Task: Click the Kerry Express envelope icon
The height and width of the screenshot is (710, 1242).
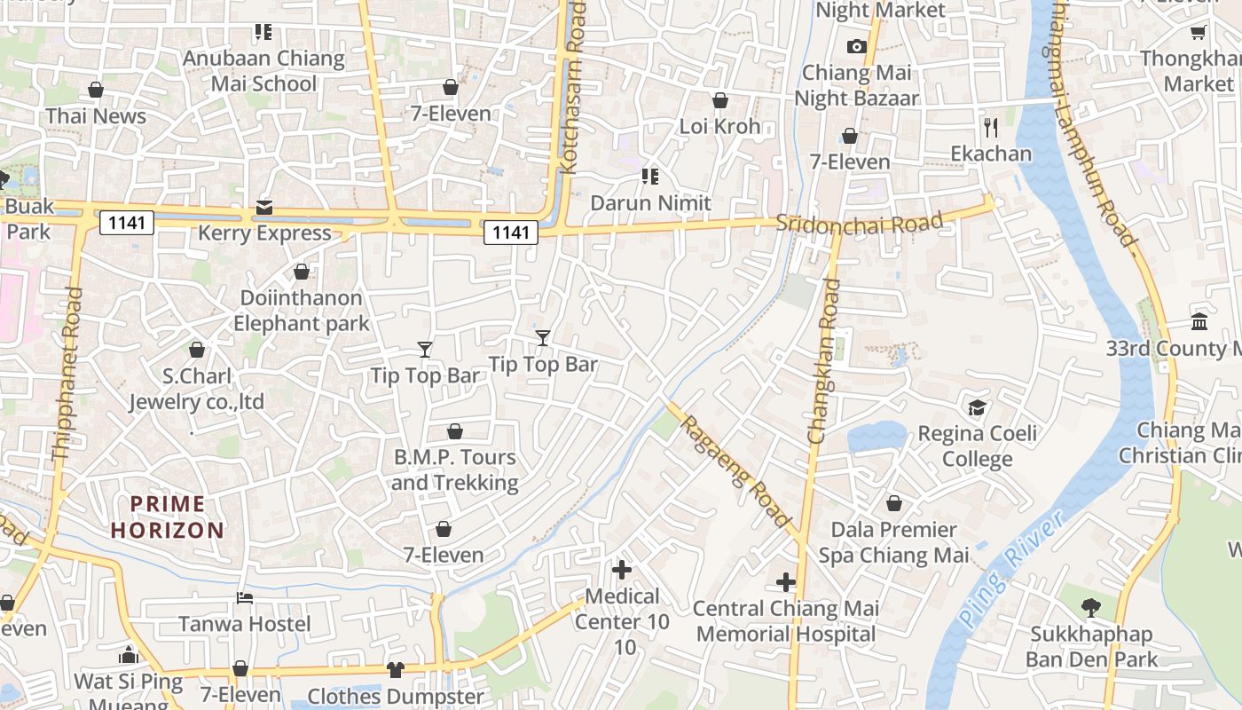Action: [263, 208]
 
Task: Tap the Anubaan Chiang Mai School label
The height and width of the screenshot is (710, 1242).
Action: [263, 71]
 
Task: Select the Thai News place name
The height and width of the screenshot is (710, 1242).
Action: [96, 116]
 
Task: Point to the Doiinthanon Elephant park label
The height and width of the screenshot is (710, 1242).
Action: [301, 311]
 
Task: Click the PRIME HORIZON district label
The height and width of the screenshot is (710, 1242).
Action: [168, 517]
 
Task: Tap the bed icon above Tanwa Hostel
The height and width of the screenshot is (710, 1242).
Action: [245, 597]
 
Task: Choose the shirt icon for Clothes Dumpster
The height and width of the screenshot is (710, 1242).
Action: [396, 669]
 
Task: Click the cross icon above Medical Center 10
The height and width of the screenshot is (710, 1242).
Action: [622, 570]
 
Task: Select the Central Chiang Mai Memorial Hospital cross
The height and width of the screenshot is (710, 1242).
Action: [786, 582]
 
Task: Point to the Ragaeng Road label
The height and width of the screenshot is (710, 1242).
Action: [735, 469]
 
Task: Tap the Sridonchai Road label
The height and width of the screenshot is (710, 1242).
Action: [858, 224]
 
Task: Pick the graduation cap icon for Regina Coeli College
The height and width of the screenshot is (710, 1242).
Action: [977, 407]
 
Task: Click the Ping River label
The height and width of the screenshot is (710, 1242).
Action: [1011, 569]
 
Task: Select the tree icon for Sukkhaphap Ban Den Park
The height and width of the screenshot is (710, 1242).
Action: [1091, 608]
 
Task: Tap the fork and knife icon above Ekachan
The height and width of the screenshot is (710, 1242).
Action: [991, 127]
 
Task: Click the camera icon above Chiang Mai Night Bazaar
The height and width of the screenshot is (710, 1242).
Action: [856, 46]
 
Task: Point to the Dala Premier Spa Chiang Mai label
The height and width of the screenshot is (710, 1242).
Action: [893, 542]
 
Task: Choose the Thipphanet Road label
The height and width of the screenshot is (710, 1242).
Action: [68, 374]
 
